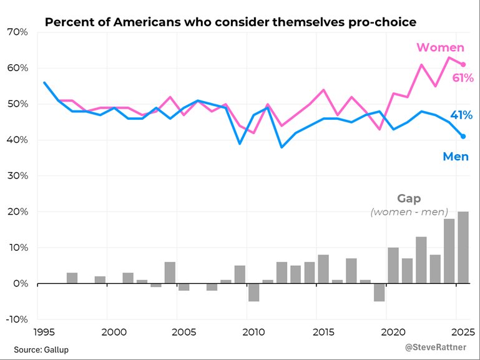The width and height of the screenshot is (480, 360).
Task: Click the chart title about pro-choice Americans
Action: [230, 23]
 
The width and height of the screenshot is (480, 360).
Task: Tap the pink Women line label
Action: [440, 47]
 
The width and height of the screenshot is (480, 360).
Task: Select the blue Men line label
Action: [456, 157]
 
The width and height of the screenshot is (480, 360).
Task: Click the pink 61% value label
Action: [462, 78]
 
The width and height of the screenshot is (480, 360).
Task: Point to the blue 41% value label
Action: [461, 115]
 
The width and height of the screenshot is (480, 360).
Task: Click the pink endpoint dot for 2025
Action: [463, 64]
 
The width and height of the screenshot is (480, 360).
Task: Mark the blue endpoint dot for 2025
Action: [463, 136]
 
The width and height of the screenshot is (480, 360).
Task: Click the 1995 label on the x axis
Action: [44, 331]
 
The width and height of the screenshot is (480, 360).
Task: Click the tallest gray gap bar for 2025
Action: [463, 248]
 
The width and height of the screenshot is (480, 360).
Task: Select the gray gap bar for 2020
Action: [393, 266]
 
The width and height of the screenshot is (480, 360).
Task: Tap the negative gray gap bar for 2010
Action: [253, 293]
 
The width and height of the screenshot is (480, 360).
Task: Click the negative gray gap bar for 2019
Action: [380, 293]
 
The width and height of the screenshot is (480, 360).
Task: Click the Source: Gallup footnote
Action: [41, 349]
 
